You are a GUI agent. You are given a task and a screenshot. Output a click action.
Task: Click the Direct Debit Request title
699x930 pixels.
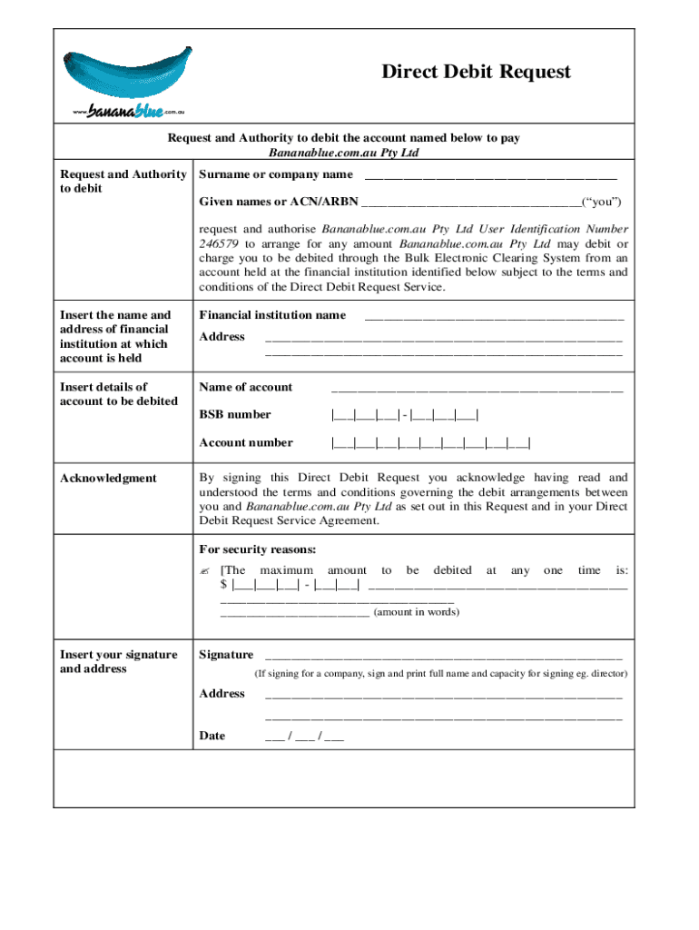pyautogui.click(x=476, y=72)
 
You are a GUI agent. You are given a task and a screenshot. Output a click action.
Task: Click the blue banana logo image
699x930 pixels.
pyautogui.click(x=126, y=72)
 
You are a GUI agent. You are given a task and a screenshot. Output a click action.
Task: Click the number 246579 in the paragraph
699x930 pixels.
pyautogui.click(x=216, y=244)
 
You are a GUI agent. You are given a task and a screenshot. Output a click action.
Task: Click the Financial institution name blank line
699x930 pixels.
pyautogui.click(x=494, y=317)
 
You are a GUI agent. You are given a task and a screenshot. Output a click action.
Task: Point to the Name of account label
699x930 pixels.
pyautogui.click(x=245, y=387)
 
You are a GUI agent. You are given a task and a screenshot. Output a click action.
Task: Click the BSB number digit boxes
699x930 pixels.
pyautogui.click(x=405, y=416)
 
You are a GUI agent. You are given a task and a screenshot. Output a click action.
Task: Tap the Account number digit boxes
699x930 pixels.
pyautogui.click(x=431, y=444)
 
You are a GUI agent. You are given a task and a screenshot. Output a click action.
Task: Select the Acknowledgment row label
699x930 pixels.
pyautogui.click(x=108, y=479)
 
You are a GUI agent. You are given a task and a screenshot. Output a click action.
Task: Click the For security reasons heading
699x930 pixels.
pyautogui.click(x=258, y=549)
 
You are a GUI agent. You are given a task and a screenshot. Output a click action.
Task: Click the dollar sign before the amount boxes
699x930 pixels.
pyautogui.click(x=224, y=584)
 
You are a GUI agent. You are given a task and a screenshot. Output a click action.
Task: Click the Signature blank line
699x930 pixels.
pyautogui.click(x=443, y=656)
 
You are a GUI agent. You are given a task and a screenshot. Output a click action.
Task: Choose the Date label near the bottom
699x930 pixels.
pyautogui.click(x=212, y=736)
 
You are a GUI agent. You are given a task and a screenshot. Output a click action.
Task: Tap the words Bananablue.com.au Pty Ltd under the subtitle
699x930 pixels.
pyautogui.click(x=344, y=153)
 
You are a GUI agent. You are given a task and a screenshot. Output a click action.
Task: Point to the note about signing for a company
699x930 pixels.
pyautogui.click(x=440, y=674)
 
